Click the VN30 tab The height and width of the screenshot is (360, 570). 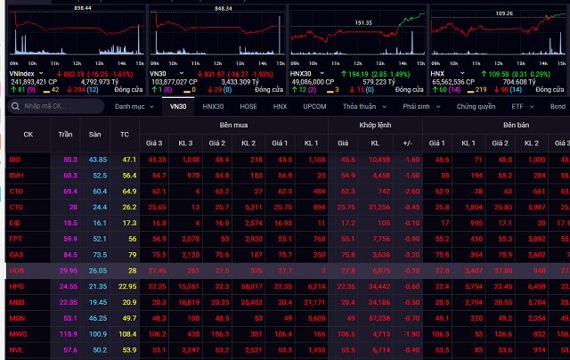click(x=179, y=106)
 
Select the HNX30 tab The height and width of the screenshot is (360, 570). click(x=214, y=106)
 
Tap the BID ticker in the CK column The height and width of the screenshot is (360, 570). click(x=15, y=160)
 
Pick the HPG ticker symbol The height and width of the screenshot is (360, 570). click(x=15, y=287)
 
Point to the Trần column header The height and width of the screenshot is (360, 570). click(x=66, y=135)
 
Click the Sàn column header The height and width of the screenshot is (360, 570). click(x=97, y=135)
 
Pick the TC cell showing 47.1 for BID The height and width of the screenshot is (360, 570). click(x=128, y=160)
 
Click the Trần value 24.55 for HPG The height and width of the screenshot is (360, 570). click(x=68, y=287)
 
